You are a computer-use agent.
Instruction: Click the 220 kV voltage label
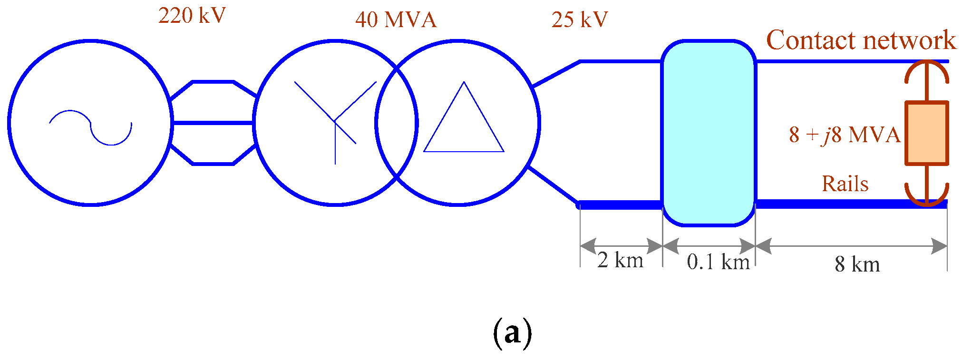pos(192,16)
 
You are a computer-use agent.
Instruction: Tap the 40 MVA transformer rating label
pos(396,20)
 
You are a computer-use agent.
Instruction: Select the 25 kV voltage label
pos(580,20)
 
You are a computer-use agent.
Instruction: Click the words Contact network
pos(861,40)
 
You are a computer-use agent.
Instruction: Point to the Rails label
pos(845,184)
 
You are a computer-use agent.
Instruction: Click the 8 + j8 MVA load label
pos(845,135)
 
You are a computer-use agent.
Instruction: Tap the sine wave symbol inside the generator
pos(90,127)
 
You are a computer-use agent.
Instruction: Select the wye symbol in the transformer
pos(335,122)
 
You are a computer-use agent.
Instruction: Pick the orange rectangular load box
pos(926,133)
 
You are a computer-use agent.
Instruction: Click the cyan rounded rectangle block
pos(709,133)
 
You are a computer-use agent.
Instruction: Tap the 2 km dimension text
pos(620,260)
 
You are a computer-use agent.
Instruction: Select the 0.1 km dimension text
pos(718,262)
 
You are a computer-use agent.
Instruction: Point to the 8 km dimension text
pos(857,264)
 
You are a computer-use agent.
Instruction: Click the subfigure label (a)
pos(512,333)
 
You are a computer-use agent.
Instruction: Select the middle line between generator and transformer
pos(213,123)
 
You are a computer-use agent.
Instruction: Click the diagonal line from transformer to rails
pos(553,185)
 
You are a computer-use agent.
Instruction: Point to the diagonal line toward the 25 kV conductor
pos(555,74)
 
